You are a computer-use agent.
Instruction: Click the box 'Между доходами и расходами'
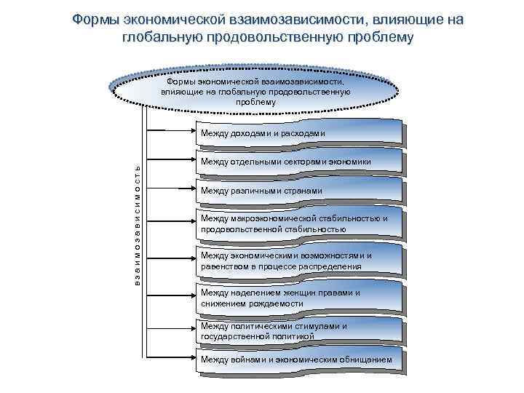tap(298, 134)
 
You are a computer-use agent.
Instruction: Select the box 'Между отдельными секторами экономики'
tap(298, 162)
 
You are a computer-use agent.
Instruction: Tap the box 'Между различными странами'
tap(298, 191)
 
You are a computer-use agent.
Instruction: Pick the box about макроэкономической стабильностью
tap(298, 224)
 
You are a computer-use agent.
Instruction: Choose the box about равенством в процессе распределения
tap(298, 261)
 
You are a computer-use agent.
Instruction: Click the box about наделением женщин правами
tap(298, 298)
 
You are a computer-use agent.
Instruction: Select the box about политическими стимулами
tap(298, 331)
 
